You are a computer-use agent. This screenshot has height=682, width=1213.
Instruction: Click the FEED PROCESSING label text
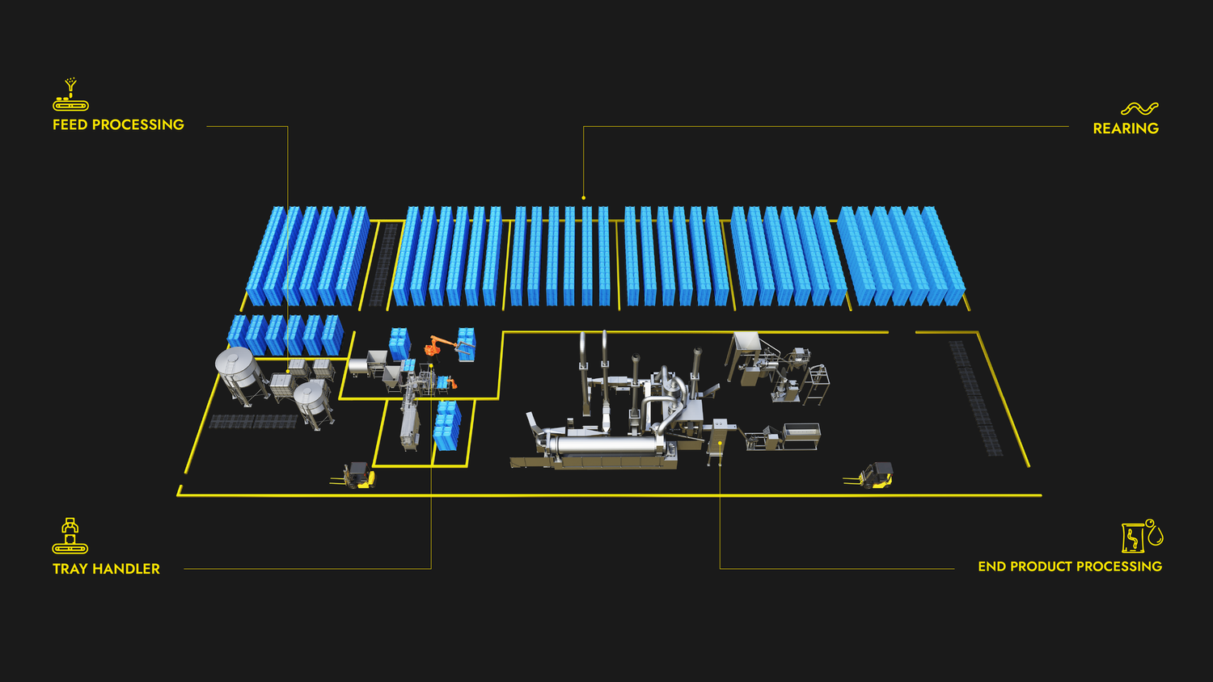pyautogui.click(x=118, y=125)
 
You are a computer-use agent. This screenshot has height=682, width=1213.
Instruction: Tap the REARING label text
pyautogui.click(x=1126, y=128)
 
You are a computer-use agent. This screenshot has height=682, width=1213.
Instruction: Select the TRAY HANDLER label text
pyautogui.click(x=106, y=569)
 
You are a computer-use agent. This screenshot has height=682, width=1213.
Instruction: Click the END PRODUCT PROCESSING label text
pyautogui.click(x=1070, y=566)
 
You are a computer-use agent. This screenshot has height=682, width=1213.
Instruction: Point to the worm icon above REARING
pyautogui.click(x=1139, y=108)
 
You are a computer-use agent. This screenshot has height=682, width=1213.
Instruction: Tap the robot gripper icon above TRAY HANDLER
pyautogui.click(x=70, y=535)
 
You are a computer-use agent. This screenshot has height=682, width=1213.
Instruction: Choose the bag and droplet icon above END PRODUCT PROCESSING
pyautogui.click(x=1143, y=536)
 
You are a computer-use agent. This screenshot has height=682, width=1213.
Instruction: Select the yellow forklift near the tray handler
pyautogui.click(x=355, y=476)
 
